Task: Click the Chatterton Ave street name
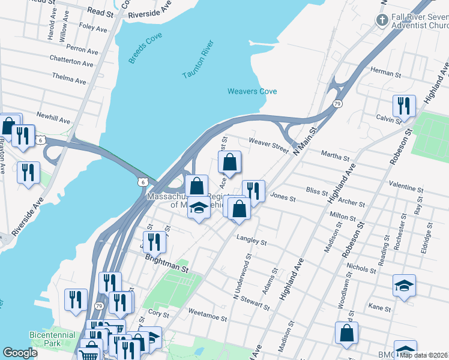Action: pyautogui.click(x=72, y=62)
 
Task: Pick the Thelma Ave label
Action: pyautogui.click(x=69, y=79)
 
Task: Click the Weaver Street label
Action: pyautogui.click(x=268, y=145)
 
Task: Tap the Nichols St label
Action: pyautogui.click(x=361, y=269)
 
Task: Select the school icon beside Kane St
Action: pyautogui.click(x=404, y=285)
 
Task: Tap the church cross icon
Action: pyautogui.click(x=381, y=20)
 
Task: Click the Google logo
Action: pyautogui.click(x=20, y=353)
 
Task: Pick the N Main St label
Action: pyautogui.click(x=304, y=139)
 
